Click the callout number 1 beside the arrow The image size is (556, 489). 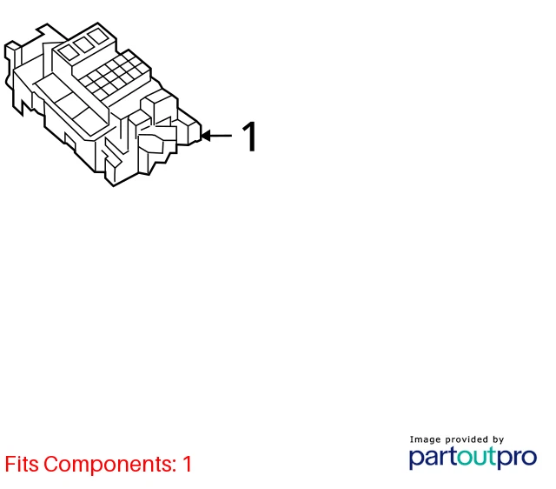249,137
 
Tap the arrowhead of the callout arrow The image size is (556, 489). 205,135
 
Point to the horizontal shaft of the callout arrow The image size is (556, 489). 221,135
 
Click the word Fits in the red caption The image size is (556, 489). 22,464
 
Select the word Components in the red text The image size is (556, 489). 108,465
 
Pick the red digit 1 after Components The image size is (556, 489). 187,464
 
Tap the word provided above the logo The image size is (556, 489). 467,440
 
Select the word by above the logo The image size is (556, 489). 498,440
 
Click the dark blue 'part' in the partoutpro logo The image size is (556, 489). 434,458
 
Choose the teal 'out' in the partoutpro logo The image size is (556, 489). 477,457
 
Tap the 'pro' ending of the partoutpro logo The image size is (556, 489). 517,458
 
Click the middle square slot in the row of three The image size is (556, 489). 83,44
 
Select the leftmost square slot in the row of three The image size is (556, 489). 69,52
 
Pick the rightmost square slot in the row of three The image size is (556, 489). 99,37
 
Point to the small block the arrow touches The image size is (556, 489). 194,132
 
